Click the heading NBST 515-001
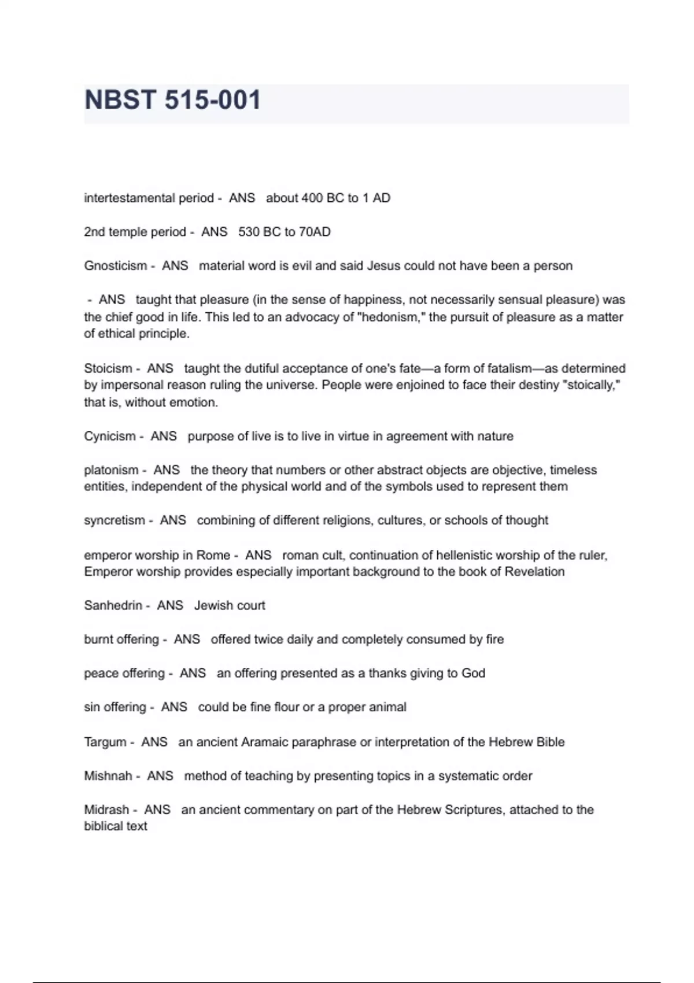tap(172, 100)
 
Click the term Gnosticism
tap(115, 266)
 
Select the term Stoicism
tap(108, 368)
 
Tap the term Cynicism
tap(110, 436)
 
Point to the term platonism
tap(111, 470)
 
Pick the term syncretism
tap(115, 520)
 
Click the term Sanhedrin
tap(113, 605)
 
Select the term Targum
tap(105, 742)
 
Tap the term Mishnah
tap(108, 776)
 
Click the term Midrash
tap(106, 810)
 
